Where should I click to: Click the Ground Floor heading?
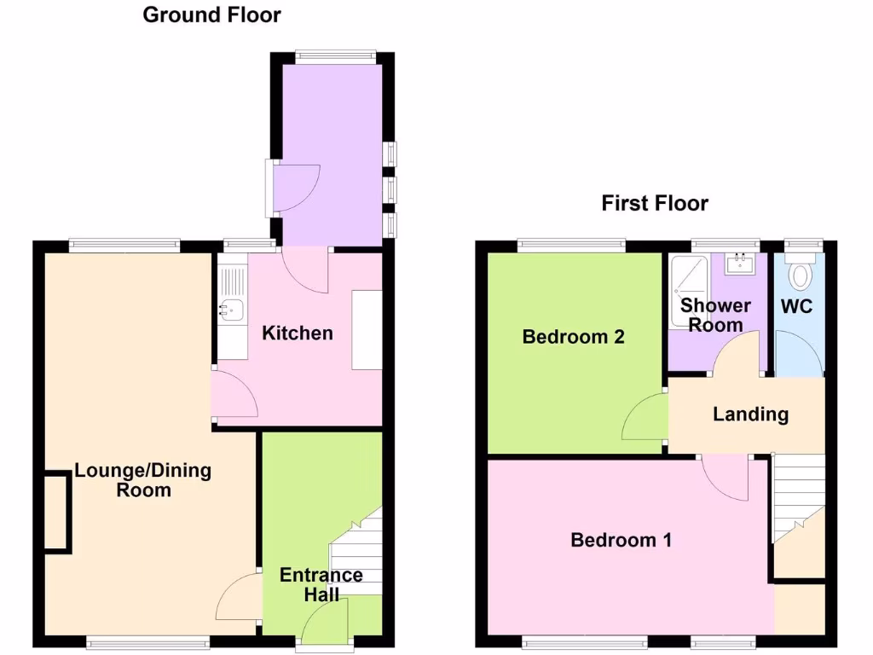pyautogui.click(x=211, y=14)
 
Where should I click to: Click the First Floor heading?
pyautogui.click(x=655, y=203)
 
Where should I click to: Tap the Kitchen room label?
pyautogui.click(x=297, y=333)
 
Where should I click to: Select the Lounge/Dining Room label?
pyautogui.click(x=143, y=480)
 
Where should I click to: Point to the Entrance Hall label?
pyautogui.click(x=321, y=584)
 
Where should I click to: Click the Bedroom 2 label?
pyautogui.click(x=573, y=337)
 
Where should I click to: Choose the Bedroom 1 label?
pyautogui.click(x=621, y=540)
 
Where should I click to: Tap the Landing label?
pyautogui.click(x=750, y=414)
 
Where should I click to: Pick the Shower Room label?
pyautogui.click(x=714, y=315)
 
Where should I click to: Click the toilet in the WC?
pyautogui.click(x=801, y=274)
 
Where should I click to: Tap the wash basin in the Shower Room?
pyautogui.click(x=738, y=263)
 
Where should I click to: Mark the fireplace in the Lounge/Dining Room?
pyautogui.click(x=58, y=512)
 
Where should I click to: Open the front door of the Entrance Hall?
pyautogui.click(x=325, y=632)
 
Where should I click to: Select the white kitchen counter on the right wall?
pyautogui.click(x=367, y=330)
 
